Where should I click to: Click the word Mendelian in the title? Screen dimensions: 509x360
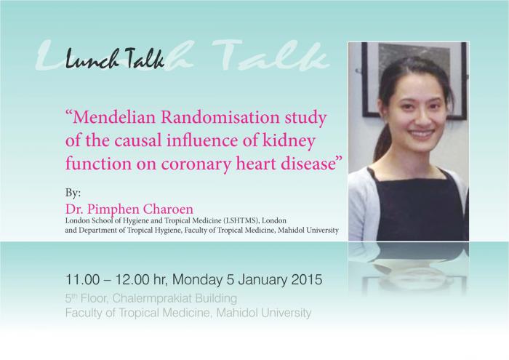tap(114, 118)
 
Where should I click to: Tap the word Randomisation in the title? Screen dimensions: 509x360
tap(220, 118)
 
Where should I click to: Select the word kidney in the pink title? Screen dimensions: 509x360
tap(289, 142)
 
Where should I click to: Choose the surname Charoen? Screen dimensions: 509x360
tap(168, 209)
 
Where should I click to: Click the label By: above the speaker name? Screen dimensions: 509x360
tap(73, 193)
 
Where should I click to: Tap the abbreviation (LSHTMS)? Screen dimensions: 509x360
tap(241, 221)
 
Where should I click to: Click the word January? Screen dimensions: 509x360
tap(262, 280)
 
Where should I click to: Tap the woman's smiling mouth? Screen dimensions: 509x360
tap(421, 133)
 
